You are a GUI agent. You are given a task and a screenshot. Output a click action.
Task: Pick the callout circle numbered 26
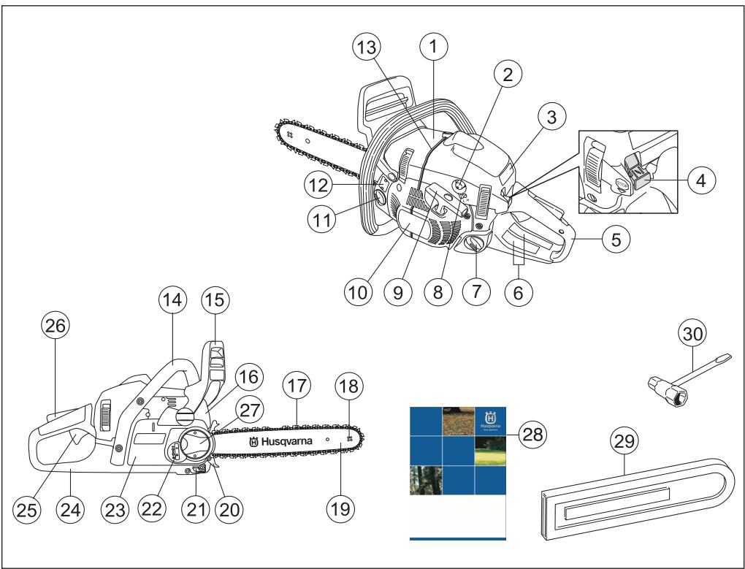(x=56, y=328)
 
